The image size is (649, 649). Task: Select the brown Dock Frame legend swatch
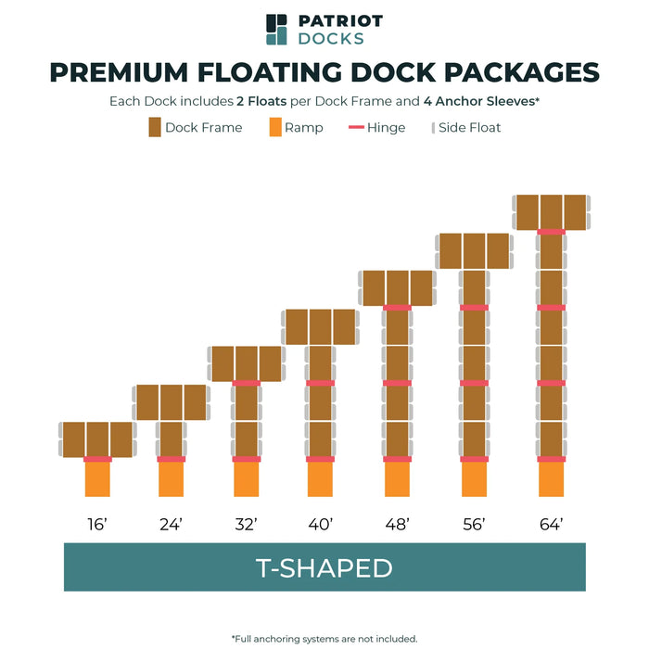pos(155,127)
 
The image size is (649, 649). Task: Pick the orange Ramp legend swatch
pos(274,127)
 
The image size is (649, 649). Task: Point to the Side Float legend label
pos(471,127)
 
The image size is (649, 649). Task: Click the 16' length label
pos(97,525)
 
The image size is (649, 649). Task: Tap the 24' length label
pos(171,525)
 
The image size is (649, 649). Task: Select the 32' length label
pos(246,525)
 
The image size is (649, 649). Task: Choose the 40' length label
pos(321,525)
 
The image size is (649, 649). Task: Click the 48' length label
pos(397,525)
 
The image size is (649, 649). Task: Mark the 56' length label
pos(474,525)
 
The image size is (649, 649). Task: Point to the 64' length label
pos(551,525)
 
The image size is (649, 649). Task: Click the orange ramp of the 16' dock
pos(97,480)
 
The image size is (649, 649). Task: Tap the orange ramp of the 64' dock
pos(552,480)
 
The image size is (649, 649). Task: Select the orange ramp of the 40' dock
pos(321,480)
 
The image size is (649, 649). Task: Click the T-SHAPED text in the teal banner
pos(324,567)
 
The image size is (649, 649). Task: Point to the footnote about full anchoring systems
pos(324,638)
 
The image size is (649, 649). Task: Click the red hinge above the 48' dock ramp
pos(397,459)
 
